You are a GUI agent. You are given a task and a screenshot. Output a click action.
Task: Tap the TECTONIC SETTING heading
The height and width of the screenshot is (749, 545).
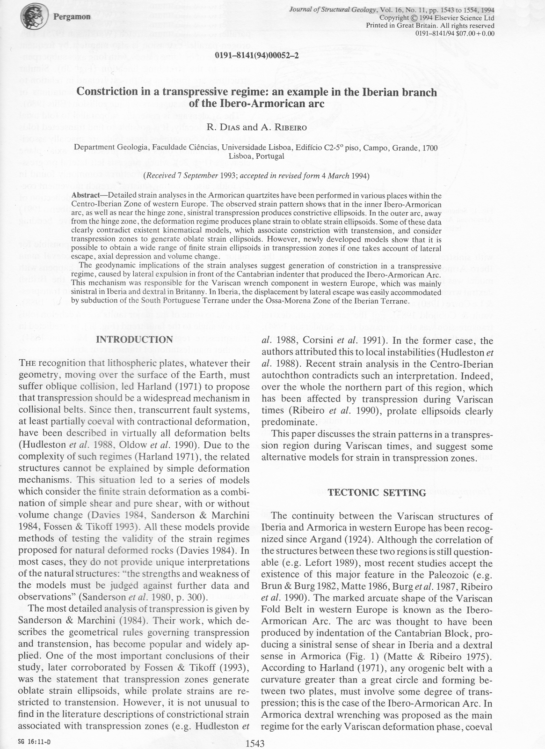377,492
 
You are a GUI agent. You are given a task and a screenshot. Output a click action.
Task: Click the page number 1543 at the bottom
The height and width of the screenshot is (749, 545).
255,743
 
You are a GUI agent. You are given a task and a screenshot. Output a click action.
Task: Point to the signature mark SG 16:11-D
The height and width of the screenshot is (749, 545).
35,742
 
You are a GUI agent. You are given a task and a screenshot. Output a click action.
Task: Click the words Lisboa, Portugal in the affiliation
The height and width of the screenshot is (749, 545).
256,156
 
